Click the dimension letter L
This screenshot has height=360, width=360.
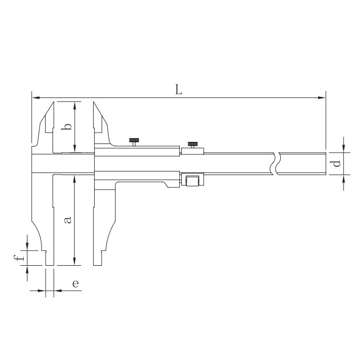click(179, 90)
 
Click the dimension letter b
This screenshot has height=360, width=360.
click(66, 126)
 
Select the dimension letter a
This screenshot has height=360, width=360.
click(68, 220)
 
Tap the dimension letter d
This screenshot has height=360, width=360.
click(336, 164)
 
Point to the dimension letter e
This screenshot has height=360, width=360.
click(76, 284)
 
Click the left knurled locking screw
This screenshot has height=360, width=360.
click(134, 141)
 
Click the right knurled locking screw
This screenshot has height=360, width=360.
click(192, 145)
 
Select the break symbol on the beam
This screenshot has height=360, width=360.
click(276, 164)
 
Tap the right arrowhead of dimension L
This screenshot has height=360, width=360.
click(322, 98)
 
